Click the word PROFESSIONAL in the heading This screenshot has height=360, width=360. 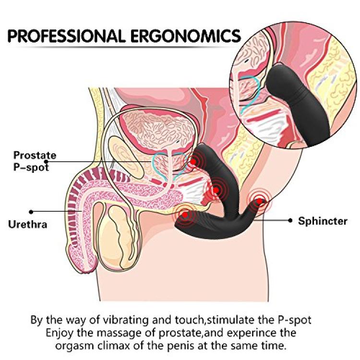67,36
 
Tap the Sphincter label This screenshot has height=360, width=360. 323,221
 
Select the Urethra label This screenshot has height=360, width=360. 28,224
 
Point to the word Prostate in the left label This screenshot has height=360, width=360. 35,155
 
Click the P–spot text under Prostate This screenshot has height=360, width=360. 31,167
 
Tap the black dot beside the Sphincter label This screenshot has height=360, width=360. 290,221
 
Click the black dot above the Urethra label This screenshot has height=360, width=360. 31,212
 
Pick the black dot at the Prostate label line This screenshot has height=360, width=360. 46,162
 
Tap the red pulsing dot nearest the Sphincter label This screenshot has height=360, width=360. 259,201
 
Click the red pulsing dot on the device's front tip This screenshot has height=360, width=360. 185,215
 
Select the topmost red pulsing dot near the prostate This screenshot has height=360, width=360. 193,162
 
